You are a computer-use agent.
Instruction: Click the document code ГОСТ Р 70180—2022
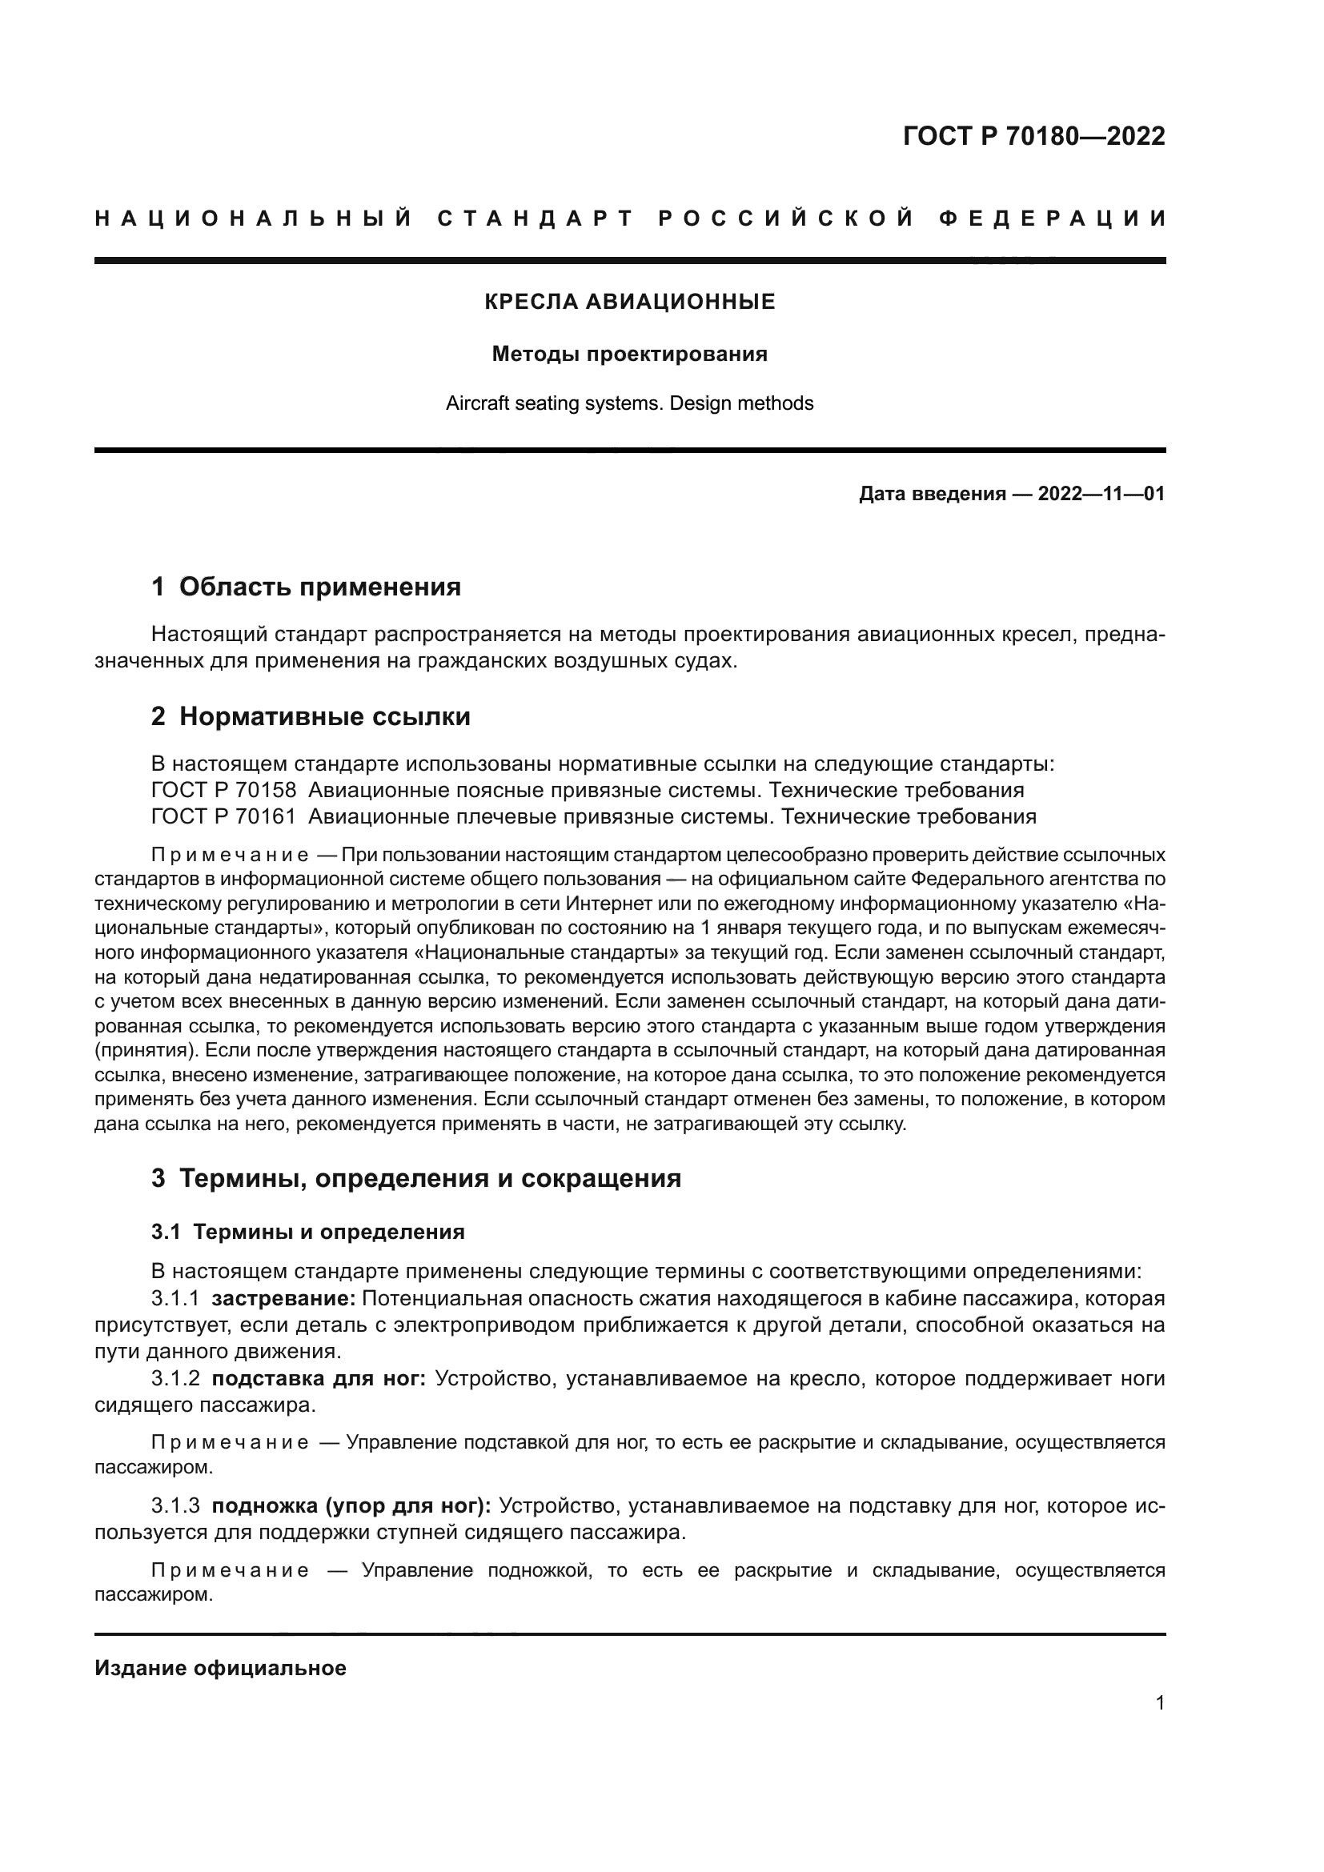tap(1033, 136)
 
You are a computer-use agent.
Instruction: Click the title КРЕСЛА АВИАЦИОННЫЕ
tap(629, 303)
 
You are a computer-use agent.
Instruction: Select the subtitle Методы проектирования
tap(629, 354)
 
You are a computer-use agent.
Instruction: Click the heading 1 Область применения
tap(306, 587)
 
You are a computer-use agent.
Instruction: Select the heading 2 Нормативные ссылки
tap(311, 716)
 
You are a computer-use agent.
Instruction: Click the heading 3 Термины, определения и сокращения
tap(415, 1179)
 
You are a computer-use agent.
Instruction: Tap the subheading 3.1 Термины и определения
tap(308, 1232)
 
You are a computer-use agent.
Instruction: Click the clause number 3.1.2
tap(175, 1379)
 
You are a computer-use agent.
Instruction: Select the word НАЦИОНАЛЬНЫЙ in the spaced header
tap(254, 218)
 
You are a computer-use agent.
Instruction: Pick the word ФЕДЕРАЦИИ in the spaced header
tap(1053, 218)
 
